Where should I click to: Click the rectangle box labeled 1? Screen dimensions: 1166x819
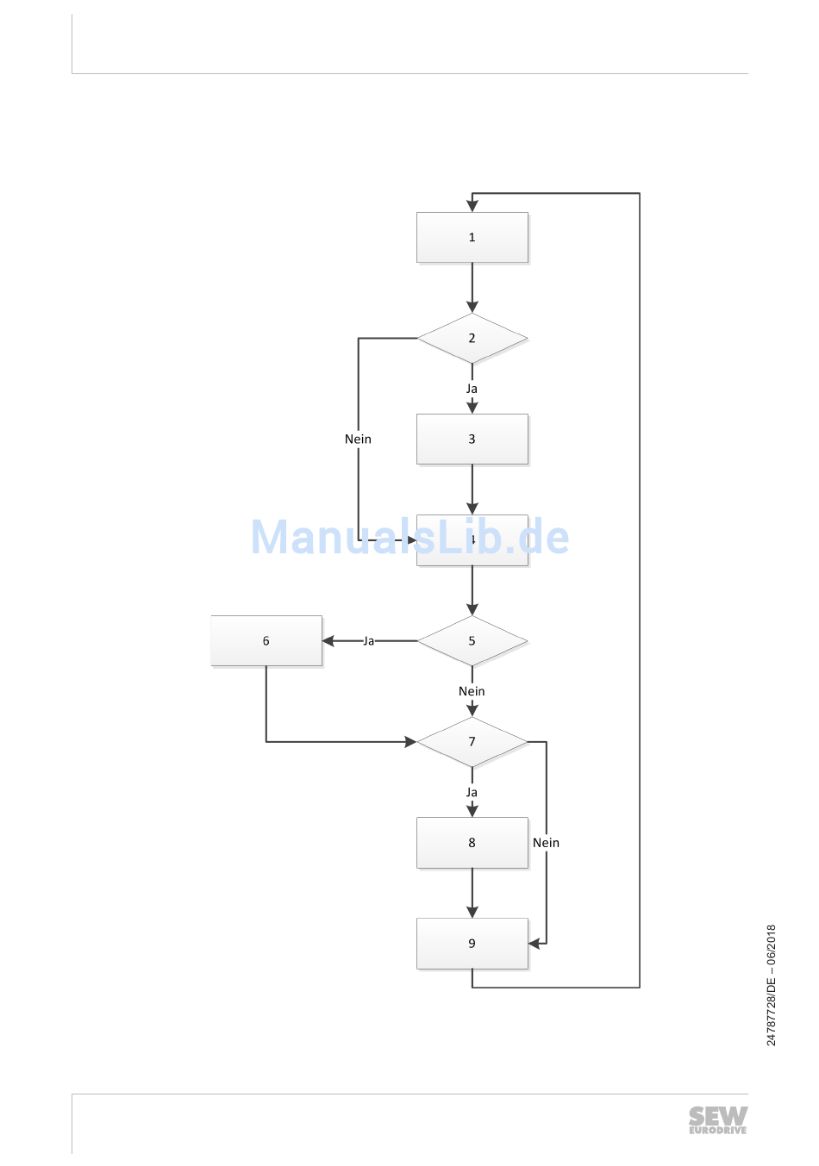click(x=472, y=237)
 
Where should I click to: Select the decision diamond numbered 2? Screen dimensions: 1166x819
click(x=472, y=338)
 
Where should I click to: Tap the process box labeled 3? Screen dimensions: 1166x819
click(x=472, y=439)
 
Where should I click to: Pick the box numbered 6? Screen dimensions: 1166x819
click(x=266, y=640)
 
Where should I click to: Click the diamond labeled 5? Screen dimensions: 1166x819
click(x=472, y=640)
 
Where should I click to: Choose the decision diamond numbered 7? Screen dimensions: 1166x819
click(x=472, y=741)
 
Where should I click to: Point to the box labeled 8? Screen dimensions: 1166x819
click(x=472, y=842)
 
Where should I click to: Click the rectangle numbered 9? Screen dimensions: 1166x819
click(x=472, y=943)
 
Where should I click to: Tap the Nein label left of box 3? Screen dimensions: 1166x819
click(x=358, y=439)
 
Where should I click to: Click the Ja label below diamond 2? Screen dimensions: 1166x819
click(x=472, y=389)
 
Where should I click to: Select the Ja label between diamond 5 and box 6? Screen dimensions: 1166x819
click(x=368, y=641)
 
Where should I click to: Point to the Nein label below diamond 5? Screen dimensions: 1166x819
click(x=472, y=691)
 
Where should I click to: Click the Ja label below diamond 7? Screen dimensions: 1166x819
click(x=472, y=792)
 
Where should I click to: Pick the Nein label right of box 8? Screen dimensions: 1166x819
click(x=546, y=843)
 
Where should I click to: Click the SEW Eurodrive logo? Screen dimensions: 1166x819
click(x=717, y=1120)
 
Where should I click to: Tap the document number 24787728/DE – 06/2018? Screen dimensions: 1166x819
click(x=772, y=985)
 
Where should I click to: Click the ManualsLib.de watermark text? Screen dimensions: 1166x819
click(x=409, y=537)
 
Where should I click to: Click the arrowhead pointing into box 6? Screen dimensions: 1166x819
click(x=328, y=641)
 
